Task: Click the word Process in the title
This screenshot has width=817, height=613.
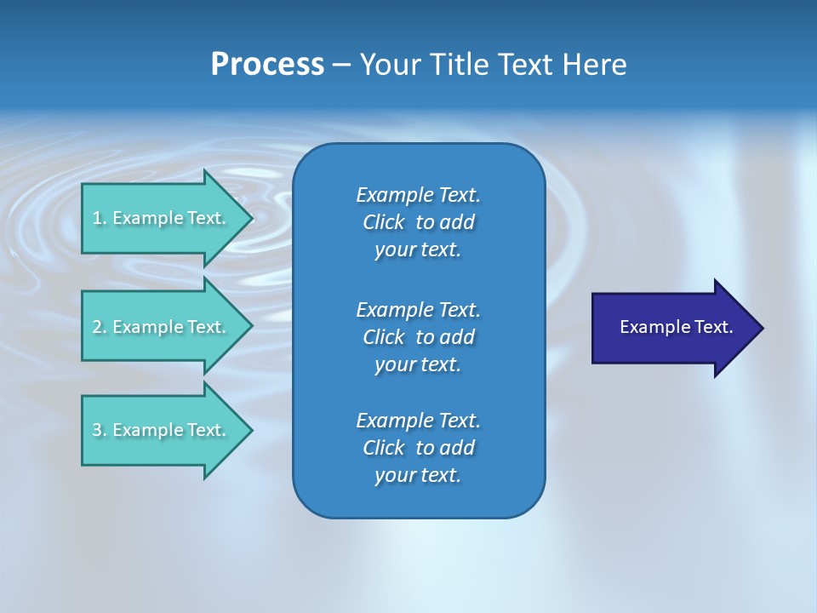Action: [267, 65]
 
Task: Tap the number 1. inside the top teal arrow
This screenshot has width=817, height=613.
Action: [99, 218]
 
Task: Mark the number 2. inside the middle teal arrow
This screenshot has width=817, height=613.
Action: [99, 327]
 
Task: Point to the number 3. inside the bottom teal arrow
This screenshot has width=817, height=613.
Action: [99, 430]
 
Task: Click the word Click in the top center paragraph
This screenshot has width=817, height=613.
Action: [384, 222]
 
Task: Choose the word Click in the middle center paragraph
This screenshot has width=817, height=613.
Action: [384, 337]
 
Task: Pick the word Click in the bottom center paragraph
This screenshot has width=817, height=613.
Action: [384, 448]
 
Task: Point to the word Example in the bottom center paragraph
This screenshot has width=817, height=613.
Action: [394, 421]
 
